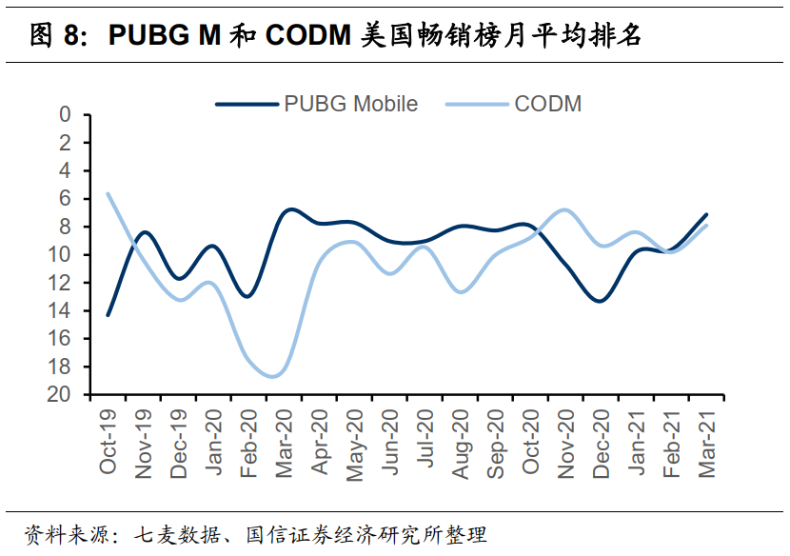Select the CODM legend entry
pos(547,104)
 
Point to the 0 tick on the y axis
pos(66,115)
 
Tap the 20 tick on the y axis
pos(60,394)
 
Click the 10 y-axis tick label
pos(60,254)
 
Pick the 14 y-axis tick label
pos(60,310)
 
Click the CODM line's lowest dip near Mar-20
pos(274,376)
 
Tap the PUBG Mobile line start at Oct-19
pos(108,314)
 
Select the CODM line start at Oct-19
pos(108,193)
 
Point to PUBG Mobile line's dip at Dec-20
pos(598,301)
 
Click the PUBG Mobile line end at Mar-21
pos(706,214)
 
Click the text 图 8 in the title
pos(52,35)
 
